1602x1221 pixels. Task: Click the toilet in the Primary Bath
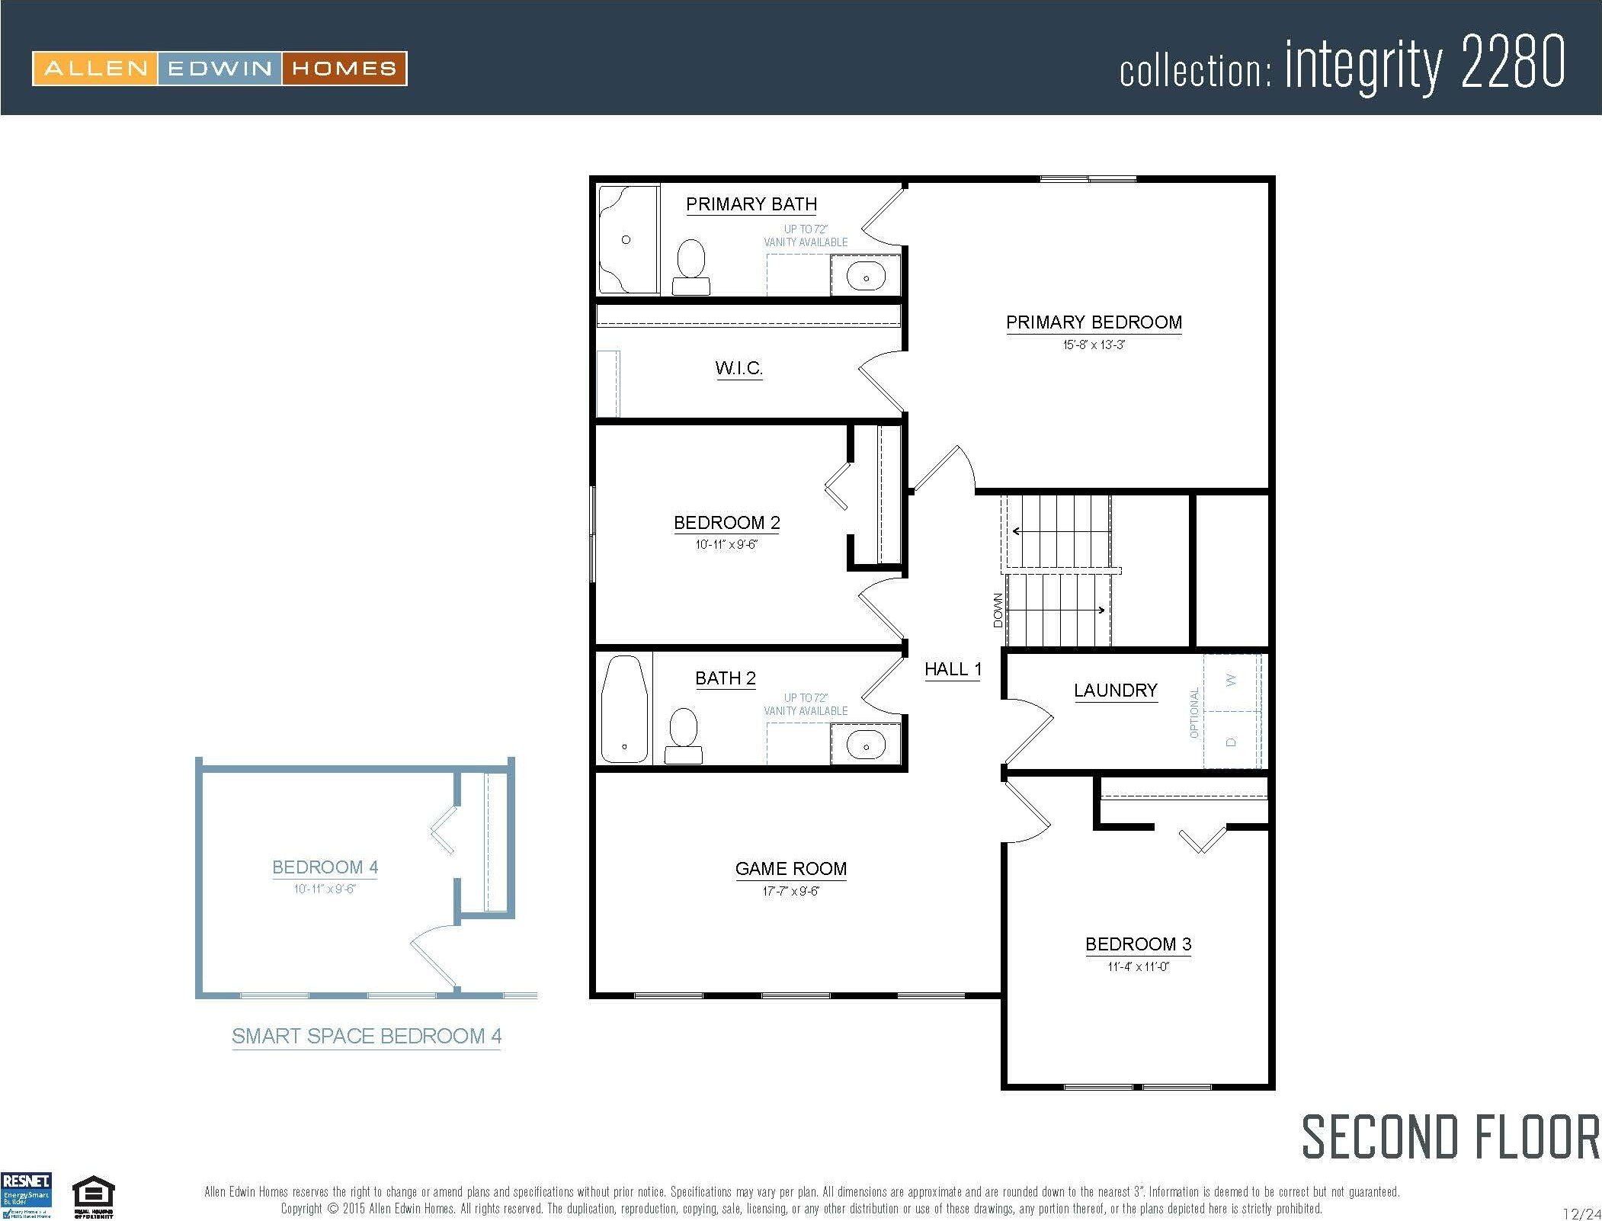[691, 266]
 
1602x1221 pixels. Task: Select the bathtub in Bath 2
[624, 709]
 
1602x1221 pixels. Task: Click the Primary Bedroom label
[1094, 322]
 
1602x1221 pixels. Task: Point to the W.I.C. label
[739, 368]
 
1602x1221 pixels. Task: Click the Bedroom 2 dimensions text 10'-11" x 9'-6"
[726, 544]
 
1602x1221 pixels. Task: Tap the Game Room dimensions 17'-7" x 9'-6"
[790, 890]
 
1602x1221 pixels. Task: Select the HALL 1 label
[953, 669]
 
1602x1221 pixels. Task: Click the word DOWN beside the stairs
[998, 610]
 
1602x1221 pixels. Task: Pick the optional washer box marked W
[1231, 681]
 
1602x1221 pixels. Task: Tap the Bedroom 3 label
[1138, 944]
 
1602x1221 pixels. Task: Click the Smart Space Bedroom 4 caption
[367, 1036]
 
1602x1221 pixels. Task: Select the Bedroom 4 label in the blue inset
[325, 867]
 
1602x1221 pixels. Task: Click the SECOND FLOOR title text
[1450, 1137]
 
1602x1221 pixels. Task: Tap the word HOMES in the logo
[344, 69]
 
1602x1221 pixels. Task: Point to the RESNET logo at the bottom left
[27, 1195]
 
